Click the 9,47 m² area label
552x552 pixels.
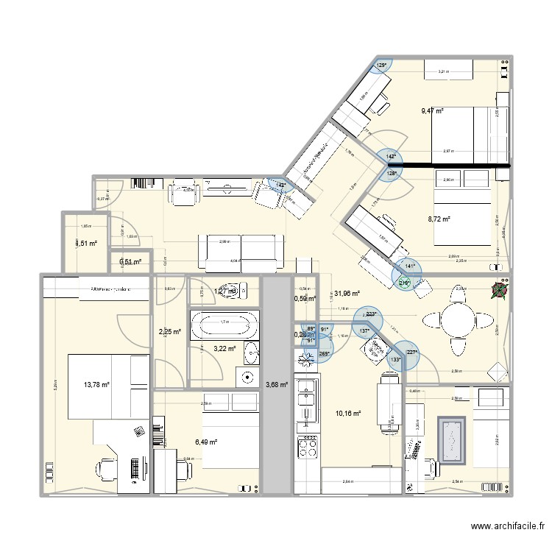tap(432, 111)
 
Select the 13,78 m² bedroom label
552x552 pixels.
tap(96, 384)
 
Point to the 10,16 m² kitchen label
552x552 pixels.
tap(347, 414)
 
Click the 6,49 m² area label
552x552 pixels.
tap(207, 442)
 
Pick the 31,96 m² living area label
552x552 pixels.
tap(346, 294)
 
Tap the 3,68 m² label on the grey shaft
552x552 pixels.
tap(277, 383)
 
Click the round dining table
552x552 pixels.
tap(459, 319)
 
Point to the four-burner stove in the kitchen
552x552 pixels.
tap(306, 446)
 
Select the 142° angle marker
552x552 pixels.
tap(390, 156)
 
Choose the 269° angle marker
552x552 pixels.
tap(325, 353)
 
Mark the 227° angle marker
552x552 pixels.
tap(412, 352)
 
